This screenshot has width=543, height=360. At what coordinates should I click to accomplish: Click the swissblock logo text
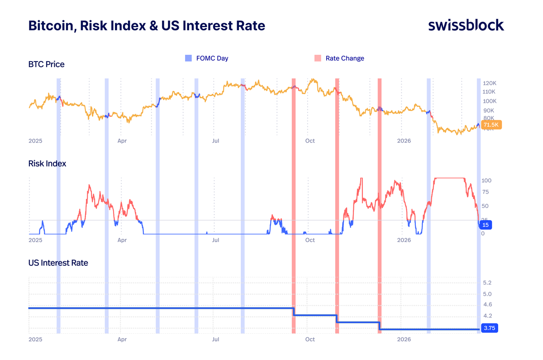pos(466,25)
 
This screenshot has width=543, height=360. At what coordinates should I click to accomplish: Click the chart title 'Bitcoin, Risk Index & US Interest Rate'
pos(147,26)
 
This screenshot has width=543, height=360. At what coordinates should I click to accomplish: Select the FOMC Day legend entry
pos(207,58)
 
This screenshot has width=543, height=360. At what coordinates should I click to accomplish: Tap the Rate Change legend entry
pos(339,58)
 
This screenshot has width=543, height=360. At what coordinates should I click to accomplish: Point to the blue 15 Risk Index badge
pos(485,225)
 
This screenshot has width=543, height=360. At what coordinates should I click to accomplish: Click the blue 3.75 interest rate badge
pos(489,329)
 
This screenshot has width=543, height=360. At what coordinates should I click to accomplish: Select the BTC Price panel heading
pos(46,64)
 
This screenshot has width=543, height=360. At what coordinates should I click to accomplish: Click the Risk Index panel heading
pos(47,163)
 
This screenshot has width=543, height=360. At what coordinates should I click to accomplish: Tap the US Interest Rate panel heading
pos(58,263)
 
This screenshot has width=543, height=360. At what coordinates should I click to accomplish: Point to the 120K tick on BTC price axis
pos(490,84)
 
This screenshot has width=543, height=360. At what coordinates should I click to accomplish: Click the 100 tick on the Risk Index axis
pos(486,180)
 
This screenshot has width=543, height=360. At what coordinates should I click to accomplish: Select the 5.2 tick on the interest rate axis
pos(487,283)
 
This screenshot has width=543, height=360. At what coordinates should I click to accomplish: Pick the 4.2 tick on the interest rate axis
pos(487,316)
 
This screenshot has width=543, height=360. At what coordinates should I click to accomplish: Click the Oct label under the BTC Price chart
pos(310,141)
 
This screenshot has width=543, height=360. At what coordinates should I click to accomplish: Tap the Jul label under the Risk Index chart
pos(216,240)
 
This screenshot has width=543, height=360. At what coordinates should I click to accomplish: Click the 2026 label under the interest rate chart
pos(404,339)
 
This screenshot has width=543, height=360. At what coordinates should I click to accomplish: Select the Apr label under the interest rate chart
pos(122,339)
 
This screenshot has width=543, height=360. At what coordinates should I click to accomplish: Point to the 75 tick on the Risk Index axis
pos(485,192)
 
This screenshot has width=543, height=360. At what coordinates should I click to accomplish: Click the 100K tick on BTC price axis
pos(490,101)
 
